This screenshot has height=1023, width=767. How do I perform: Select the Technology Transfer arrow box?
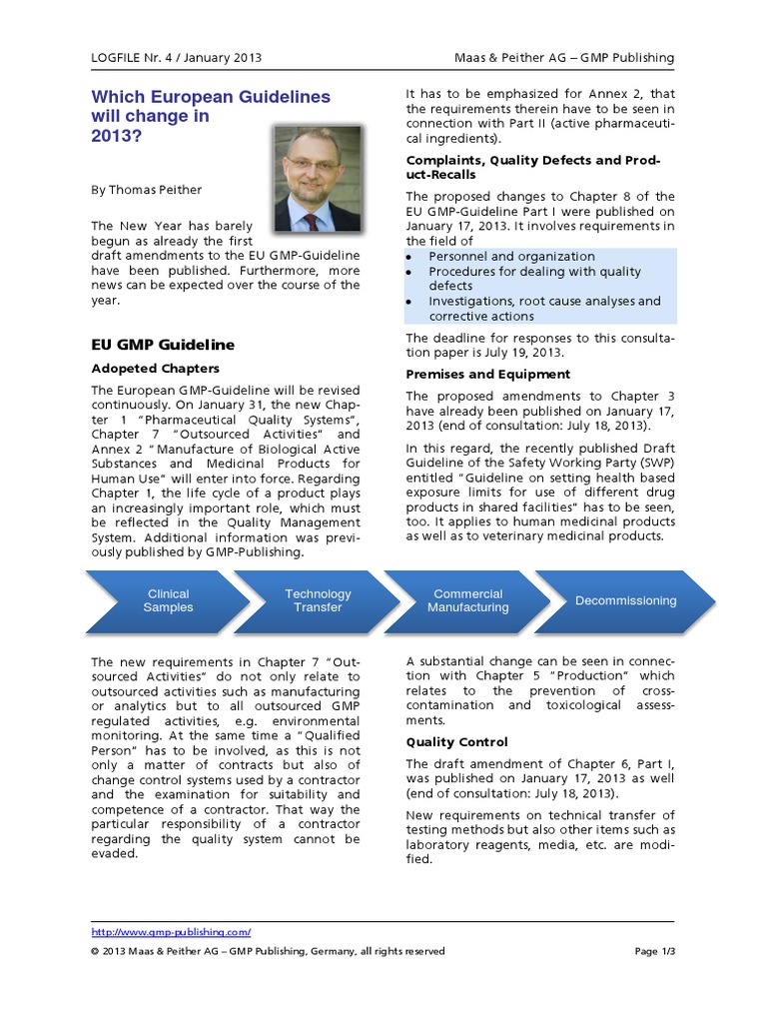tap(318, 600)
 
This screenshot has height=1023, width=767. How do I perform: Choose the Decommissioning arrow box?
tap(624, 600)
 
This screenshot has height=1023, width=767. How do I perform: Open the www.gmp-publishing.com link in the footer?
tap(171, 931)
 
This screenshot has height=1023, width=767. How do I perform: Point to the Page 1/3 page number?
tap(654, 951)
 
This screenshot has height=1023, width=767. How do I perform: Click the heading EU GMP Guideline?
tap(163, 345)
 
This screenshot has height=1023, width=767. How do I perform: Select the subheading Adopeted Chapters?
tap(155, 369)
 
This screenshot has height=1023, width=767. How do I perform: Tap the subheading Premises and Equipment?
tap(487, 374)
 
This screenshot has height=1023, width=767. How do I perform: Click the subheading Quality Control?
tap(456, 742)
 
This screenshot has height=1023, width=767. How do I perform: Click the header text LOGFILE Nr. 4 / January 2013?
tap(176, 58)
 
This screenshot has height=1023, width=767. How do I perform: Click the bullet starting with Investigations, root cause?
tap(543, 308)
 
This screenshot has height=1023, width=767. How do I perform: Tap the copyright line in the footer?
tap(268, 951)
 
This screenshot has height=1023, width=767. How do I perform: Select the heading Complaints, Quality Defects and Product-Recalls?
tap(532, 167)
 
